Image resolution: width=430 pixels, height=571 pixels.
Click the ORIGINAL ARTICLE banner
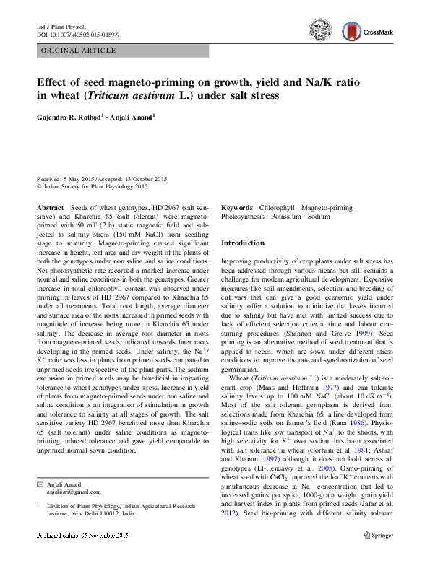pos(79,51)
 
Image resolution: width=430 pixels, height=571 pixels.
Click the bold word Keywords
pos(236,206)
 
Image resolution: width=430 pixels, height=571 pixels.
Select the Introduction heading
pos(242,243)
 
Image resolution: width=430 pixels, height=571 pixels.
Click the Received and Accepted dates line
pos(101,179)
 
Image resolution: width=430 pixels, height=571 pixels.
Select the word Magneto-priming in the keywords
pos(327,206)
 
